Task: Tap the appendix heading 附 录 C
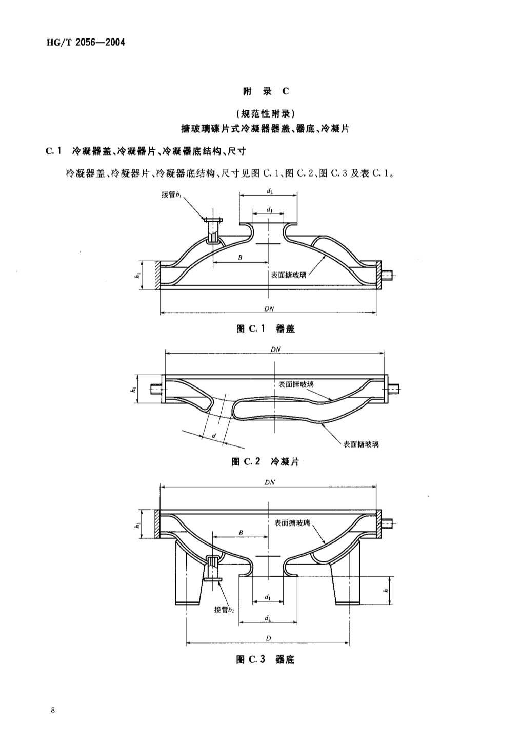(266, 91)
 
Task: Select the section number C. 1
(53, 151)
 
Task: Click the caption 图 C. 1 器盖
(266, 328)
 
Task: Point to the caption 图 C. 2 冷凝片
(265, 462)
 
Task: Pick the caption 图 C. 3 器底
(265, 659)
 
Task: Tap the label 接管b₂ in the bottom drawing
(224, 610)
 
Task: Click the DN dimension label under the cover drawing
(269, 308)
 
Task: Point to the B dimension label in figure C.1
(240, 258)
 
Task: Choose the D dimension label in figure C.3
(268, 638)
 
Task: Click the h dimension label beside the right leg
(386, 590)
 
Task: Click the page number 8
(53, 710)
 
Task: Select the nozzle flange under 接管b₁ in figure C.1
(212, 221)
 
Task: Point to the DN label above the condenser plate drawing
(275, 349)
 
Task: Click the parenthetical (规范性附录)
(265, 114)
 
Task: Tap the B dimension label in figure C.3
(241, 533)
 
